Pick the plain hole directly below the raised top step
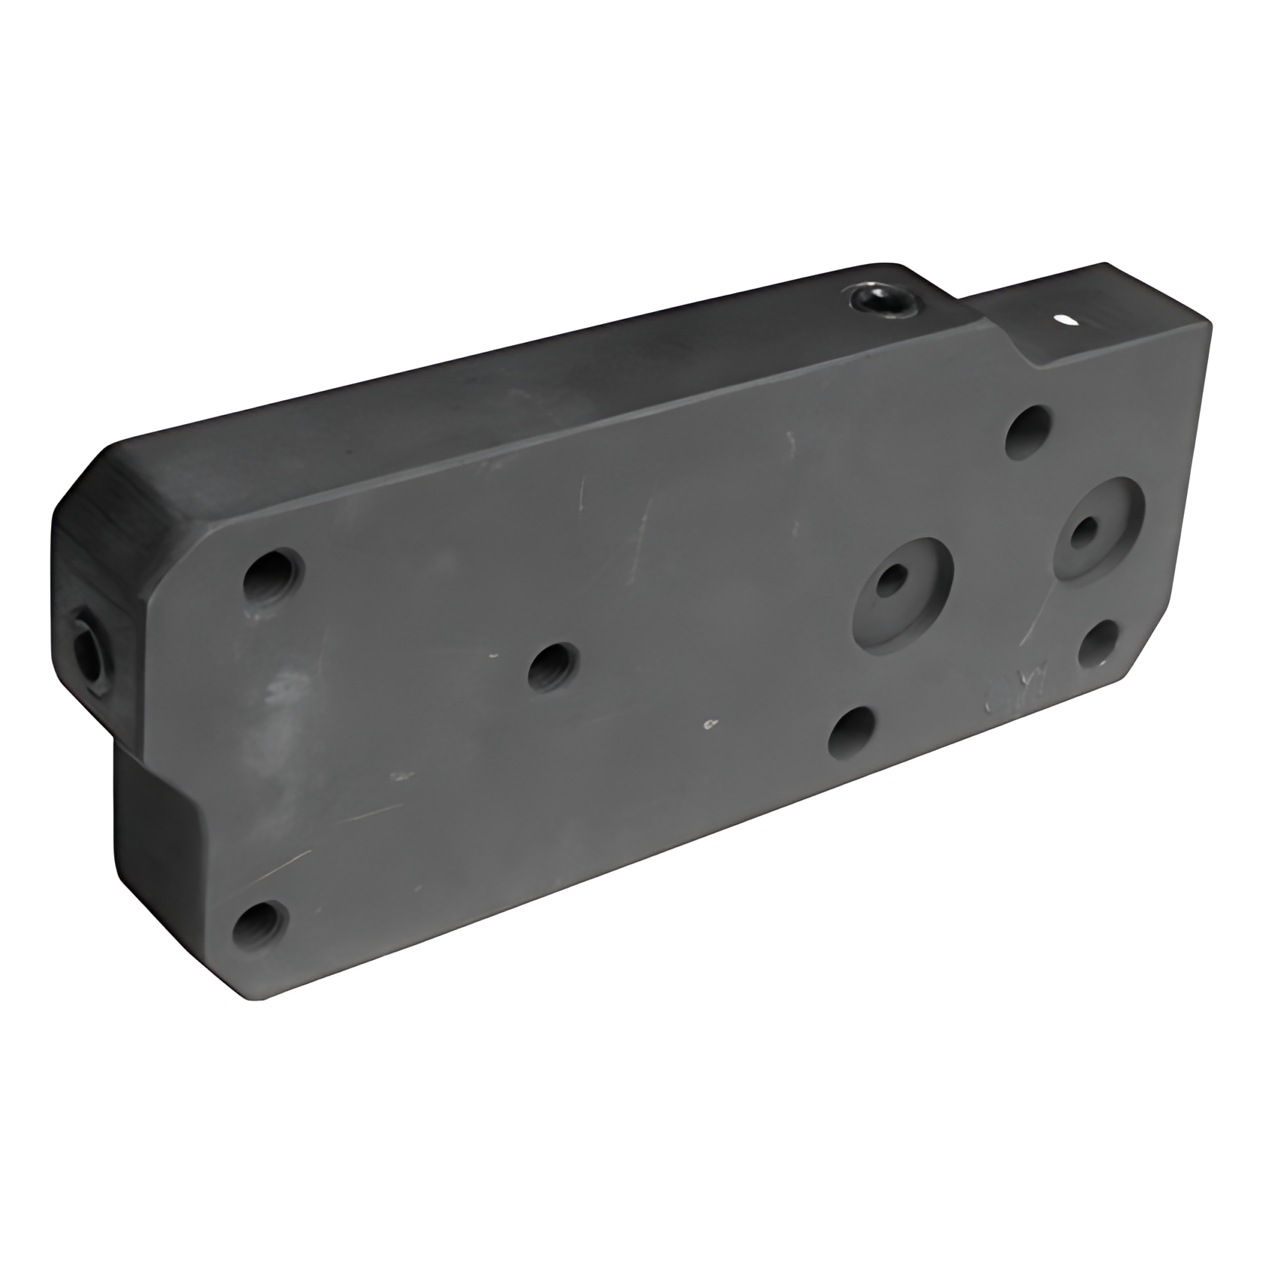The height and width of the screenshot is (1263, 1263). tap(1028, 432)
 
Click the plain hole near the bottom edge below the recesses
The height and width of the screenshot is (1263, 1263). tap(852, 732)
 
